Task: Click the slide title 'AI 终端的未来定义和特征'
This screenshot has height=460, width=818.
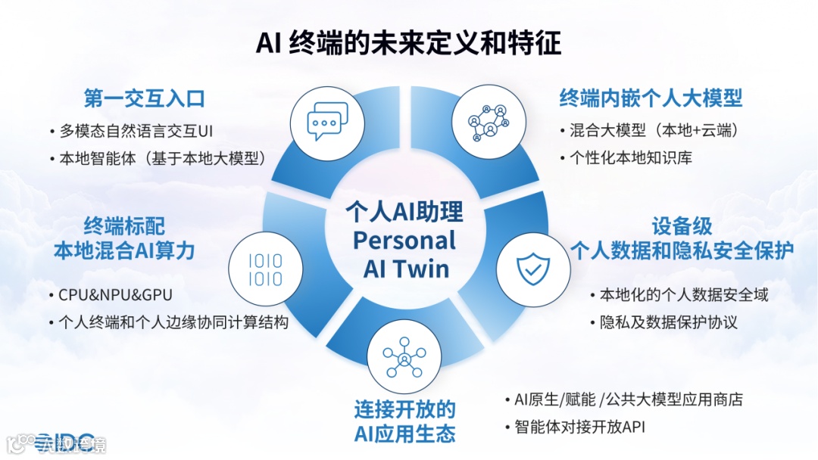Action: pos(408,42)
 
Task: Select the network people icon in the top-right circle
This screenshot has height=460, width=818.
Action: pos(488,121)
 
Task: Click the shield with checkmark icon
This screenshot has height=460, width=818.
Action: pos(533,268)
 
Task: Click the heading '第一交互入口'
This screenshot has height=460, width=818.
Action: pos(144,99)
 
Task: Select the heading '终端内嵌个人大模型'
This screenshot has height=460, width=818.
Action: pos(651,98)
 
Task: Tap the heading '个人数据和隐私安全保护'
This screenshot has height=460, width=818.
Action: pos(682,250)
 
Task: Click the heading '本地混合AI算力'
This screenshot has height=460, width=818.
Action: pos(124,251)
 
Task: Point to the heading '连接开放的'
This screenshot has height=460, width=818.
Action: pos(404,410)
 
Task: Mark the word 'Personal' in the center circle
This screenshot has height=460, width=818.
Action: pos(404,241)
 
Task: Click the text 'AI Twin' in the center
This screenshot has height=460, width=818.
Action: pos(406,269)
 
